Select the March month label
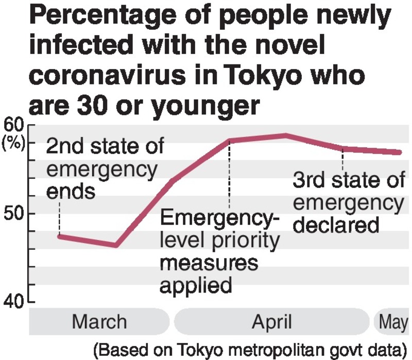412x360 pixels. tap(99, 322)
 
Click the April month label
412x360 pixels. tap(271, 322)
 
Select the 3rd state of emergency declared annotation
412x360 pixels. tap(349, 203)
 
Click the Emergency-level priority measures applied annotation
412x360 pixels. tap(220, 252)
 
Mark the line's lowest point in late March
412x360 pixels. tap(116, 245)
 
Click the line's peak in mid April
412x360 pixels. tap(285, 135)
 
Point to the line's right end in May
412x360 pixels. tap(399, 152)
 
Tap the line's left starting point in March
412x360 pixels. tap(60, 236)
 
